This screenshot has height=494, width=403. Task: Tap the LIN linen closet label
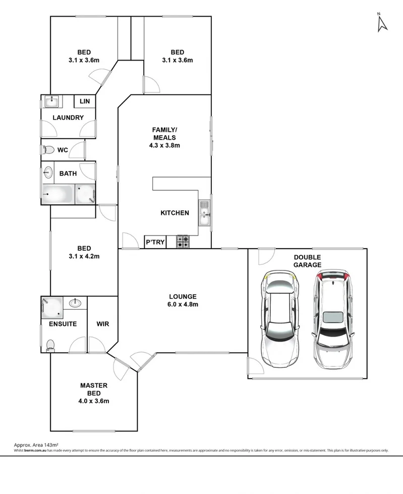84,101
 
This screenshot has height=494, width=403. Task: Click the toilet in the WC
49,150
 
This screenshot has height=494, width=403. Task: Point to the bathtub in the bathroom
58,194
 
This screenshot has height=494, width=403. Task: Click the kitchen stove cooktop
183,242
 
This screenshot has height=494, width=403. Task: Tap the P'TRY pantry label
155,242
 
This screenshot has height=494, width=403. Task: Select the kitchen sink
204,212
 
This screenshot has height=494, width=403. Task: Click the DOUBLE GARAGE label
307,261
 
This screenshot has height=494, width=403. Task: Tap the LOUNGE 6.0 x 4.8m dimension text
183,304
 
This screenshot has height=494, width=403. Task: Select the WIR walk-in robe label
102,323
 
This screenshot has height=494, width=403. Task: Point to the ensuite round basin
76,303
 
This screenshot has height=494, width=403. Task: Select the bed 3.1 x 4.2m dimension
84,256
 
